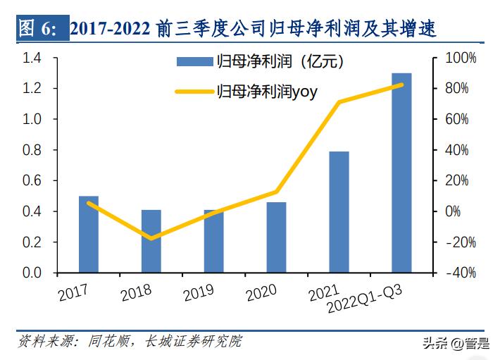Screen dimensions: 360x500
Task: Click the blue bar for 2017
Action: pos(89,235)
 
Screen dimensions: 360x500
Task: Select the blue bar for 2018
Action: pos(151,241)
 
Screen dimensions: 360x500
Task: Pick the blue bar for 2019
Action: pos(213,241)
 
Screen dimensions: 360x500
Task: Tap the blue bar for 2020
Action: pos(276,237)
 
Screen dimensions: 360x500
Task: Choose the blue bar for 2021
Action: pos(339,212)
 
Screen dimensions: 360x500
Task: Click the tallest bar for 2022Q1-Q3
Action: pos(401,173)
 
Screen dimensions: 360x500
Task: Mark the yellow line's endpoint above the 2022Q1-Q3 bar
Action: pos(401,85)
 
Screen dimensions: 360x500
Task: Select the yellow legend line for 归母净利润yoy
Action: pos(193,90)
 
